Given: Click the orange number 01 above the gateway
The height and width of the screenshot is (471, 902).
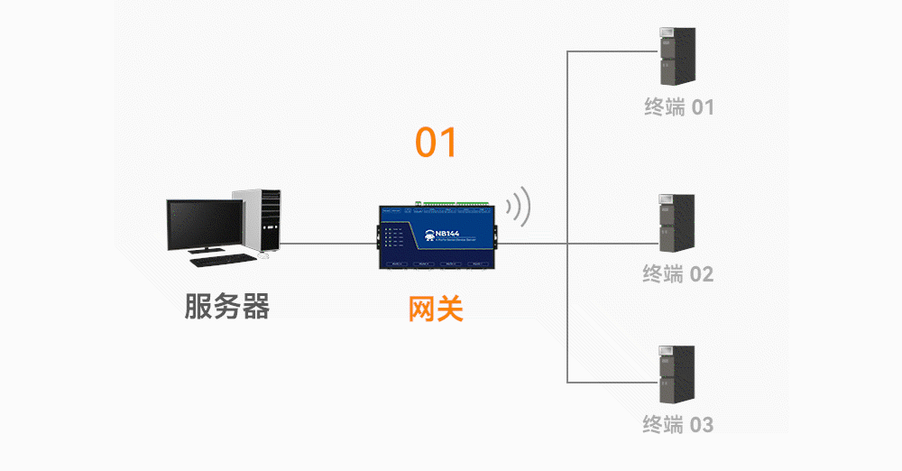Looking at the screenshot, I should click(437, 143).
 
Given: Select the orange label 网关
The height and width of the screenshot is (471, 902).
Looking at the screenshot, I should click(436, 309).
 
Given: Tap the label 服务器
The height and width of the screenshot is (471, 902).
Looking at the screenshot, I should click(227, 307).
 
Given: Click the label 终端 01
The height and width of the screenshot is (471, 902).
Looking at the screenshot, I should click(679, 107).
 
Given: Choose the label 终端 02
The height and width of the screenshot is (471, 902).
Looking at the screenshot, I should click(677, 273).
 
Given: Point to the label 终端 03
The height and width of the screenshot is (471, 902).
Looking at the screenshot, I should click(679, 423).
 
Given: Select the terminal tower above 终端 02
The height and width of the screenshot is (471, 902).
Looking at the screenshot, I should click(676, 223).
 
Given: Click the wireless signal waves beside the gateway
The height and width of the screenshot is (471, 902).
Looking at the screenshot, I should click(518, 208).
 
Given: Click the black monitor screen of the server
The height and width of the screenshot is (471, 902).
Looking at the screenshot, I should click(205, 226).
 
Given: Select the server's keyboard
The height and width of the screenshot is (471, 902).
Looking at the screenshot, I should click(221, 260).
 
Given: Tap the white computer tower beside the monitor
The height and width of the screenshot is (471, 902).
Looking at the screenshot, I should click(262, 221).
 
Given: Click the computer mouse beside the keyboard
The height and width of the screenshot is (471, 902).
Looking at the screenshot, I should click(264, 256).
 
